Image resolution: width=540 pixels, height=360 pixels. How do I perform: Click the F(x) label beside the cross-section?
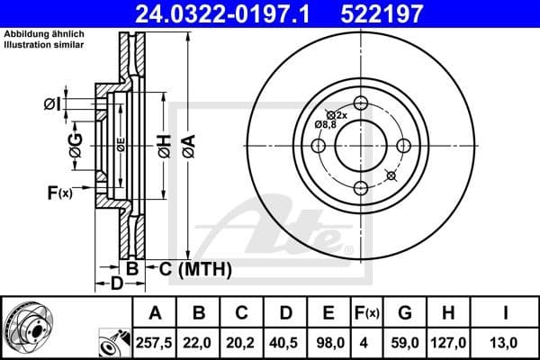[x=59, y=192]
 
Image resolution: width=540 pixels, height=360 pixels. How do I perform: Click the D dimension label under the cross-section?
[x=116, y=284]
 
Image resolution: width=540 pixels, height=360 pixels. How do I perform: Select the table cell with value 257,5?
[x=156, y=341]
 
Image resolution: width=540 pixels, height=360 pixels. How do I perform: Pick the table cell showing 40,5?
[x=285, y=341]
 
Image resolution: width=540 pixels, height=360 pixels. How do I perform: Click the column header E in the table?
[x=328, y=313]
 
